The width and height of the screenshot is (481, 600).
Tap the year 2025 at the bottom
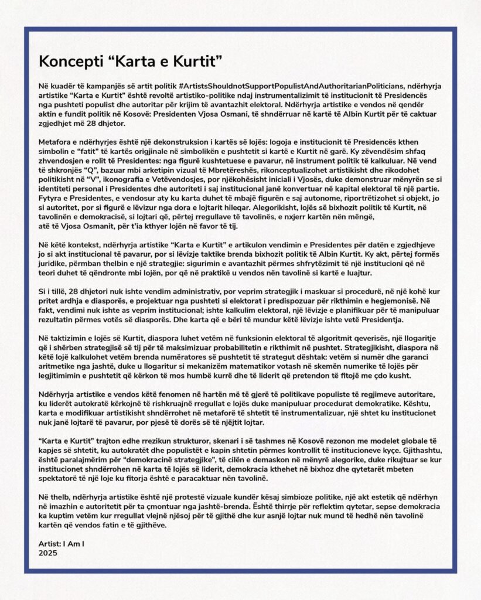[x=48, y=551]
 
